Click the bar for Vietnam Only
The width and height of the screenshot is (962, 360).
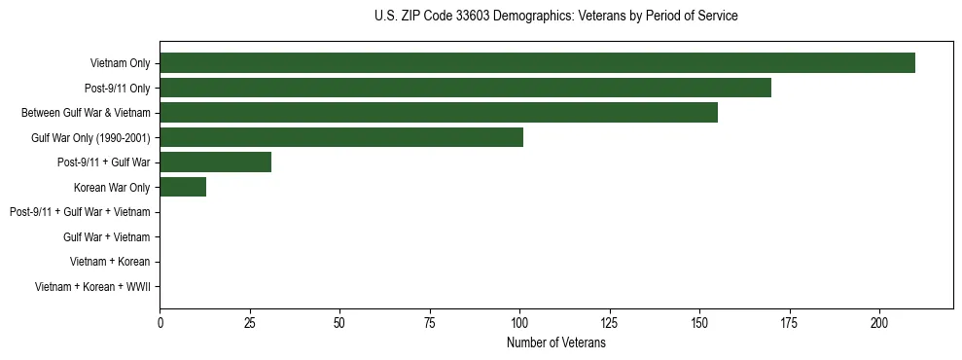537,63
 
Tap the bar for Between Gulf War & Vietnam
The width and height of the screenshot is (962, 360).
439,113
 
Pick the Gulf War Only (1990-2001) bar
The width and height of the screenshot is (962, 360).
341,137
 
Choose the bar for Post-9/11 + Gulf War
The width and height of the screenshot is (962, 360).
215,162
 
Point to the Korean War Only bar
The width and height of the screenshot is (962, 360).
183,187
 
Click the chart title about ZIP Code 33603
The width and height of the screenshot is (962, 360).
555,17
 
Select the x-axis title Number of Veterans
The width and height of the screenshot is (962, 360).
555,343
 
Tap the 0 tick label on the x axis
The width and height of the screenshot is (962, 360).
160,323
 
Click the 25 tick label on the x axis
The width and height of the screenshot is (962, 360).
250,323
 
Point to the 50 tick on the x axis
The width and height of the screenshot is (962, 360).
339,323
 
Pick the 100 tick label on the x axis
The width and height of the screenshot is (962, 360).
519,323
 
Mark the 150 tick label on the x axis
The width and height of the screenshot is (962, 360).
699,323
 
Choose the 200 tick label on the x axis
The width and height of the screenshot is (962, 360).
879,323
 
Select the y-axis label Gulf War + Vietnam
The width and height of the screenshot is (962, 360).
106,237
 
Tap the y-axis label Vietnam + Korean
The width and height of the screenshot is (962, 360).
110,262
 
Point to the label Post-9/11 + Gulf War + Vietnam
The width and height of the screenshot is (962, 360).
80,212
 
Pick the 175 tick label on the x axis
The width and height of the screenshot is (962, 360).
789,323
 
